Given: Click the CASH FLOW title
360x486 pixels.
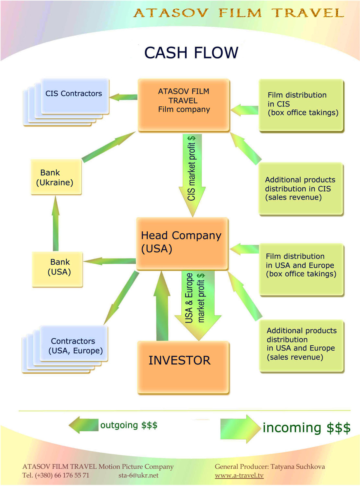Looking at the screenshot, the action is point(191,52).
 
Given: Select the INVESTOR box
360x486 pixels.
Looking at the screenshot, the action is point(183,367).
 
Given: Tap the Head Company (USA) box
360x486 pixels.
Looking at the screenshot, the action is point(182,243).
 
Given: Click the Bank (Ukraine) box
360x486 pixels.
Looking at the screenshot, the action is point(56,177).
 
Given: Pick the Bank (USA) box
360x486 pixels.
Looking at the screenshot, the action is point(57,269).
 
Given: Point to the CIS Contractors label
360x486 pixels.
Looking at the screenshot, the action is point(73,94).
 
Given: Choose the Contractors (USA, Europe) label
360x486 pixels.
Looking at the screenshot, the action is point(75,346).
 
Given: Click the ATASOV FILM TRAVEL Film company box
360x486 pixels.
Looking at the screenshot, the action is point(184,105).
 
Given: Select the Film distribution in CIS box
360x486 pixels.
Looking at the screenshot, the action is point(301,105).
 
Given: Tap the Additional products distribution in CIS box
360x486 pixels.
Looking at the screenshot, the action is point(301,189).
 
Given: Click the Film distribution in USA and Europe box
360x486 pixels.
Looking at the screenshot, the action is point(301,269).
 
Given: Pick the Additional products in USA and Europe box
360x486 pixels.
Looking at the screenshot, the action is point(301,346).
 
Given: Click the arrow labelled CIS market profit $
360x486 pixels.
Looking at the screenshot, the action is point(192,175).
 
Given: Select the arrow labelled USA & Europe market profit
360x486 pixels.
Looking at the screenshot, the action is point(198,306).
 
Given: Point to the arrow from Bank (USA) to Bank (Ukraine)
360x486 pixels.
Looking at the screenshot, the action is point(55,223).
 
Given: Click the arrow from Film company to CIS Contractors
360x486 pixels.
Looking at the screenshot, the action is point(123,97).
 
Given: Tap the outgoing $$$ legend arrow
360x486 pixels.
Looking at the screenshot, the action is point(84,425).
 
